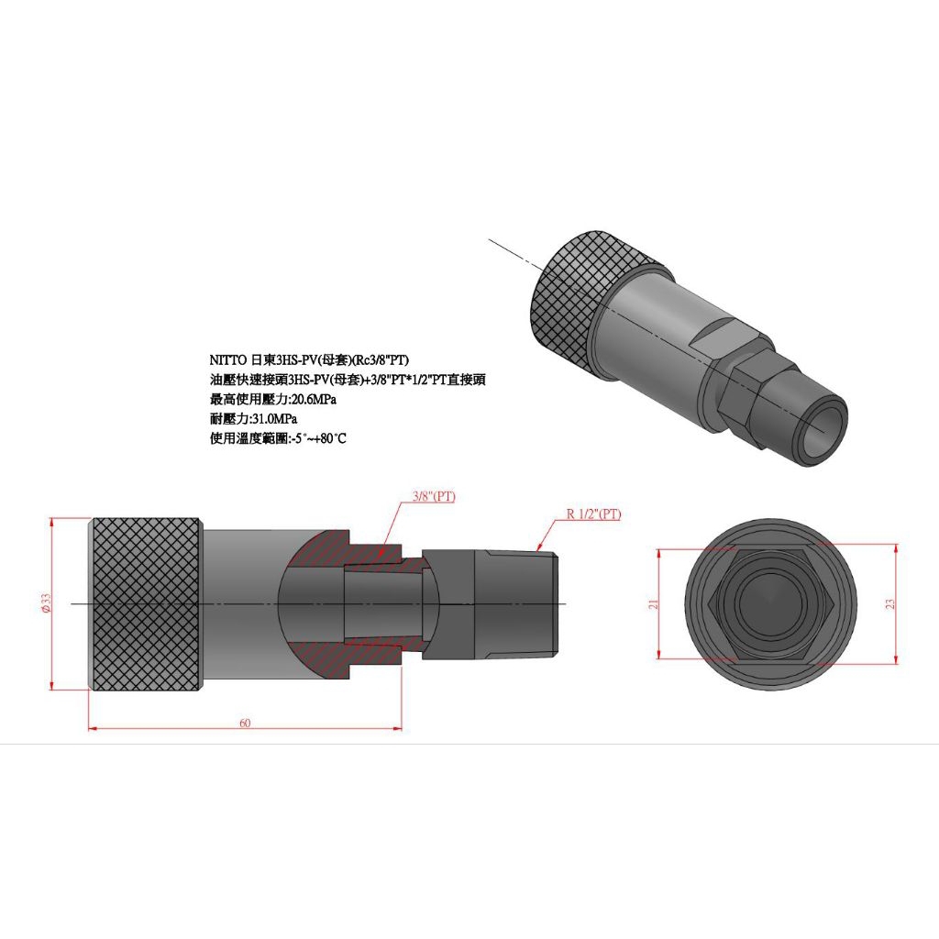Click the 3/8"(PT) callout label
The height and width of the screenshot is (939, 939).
(433, 496)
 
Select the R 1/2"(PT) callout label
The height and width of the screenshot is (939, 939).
(593, 514)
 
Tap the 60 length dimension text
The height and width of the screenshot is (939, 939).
(245, 723)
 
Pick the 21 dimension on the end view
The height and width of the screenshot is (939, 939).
(654, 604)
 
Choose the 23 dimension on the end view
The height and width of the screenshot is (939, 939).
(889, 604)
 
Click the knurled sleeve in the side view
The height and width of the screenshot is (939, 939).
(145, 603)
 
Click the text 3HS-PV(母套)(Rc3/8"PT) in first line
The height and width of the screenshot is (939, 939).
(327, 361)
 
